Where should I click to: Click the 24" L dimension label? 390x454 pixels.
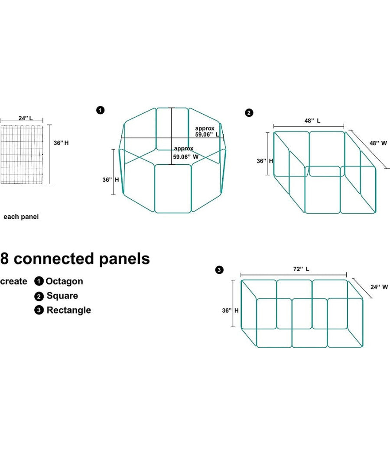click(25, 118)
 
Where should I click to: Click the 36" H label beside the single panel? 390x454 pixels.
click(61, 143)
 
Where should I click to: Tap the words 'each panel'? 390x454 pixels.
click(21, 217)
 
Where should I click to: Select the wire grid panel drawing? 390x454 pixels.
click(22, 154)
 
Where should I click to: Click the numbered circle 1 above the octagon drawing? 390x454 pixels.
click(101, 110)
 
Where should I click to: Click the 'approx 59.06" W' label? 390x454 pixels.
click(185, 153)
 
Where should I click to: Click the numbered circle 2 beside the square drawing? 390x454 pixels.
click(249, 113)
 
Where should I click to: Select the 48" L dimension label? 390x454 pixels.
click(312, 121)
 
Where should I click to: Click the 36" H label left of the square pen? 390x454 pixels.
click(265, 160)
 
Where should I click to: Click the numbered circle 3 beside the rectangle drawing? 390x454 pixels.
click(219, 270)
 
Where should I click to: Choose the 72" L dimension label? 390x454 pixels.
click(301, 269)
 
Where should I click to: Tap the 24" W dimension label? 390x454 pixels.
click(379, 287)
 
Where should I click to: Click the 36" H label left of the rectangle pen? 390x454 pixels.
click(230, 310)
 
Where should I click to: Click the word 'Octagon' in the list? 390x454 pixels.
click(64, 281)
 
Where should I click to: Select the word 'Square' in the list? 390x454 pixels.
click(62, 296)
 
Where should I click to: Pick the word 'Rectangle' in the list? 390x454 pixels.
click(68, 310)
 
